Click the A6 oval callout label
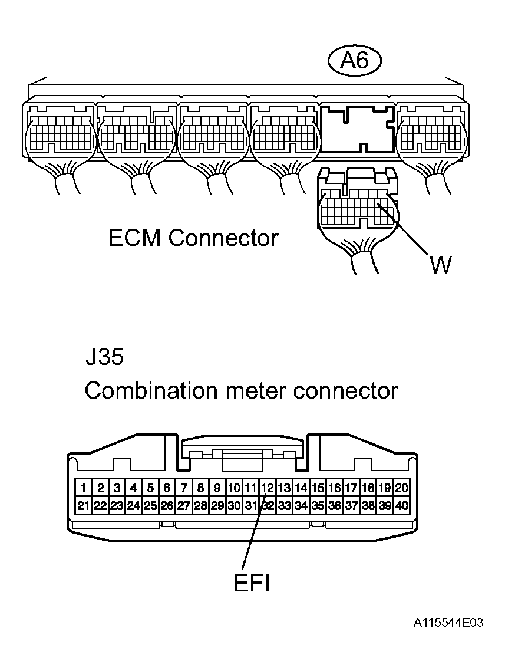click(x=355, y=61)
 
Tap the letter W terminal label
click(x=440, y=265)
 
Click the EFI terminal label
click(x=252, y=584)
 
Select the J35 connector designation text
click(x=104, y=358)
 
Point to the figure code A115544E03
click(x=448, y=623)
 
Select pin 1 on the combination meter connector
click(x=84, y=488)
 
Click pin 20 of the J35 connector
click(x=402, y=488)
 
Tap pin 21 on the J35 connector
click(x=84, y=505)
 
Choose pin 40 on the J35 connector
click(x=402, y=505)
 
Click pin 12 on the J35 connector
click(x=268, y=488)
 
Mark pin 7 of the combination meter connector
click(x=184, y=488)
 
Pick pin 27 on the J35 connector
click(x=184, y=505)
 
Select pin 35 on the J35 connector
click(x=318, y=505)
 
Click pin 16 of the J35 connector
click(x=335, y=488)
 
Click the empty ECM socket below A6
click(x=357, y=129)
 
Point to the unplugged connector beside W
click(x=357, y=203)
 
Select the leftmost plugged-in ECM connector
click(x=60, y=133)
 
